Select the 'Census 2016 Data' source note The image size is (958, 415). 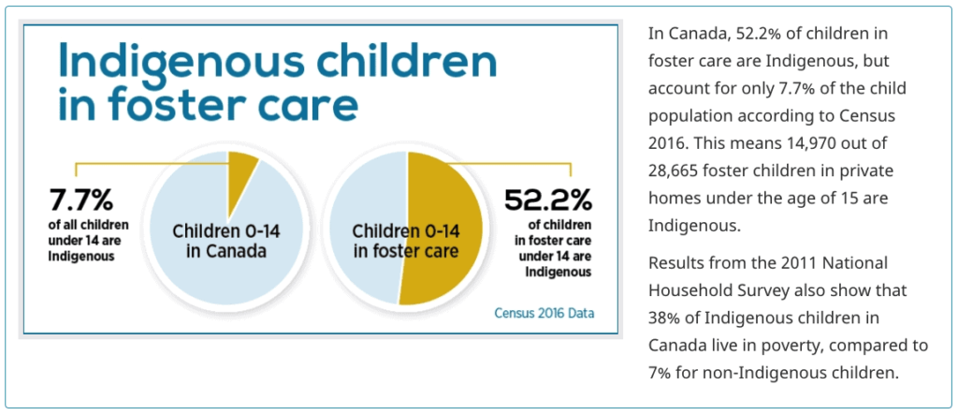pos(544,313)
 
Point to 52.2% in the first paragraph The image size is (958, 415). pos(762,35)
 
